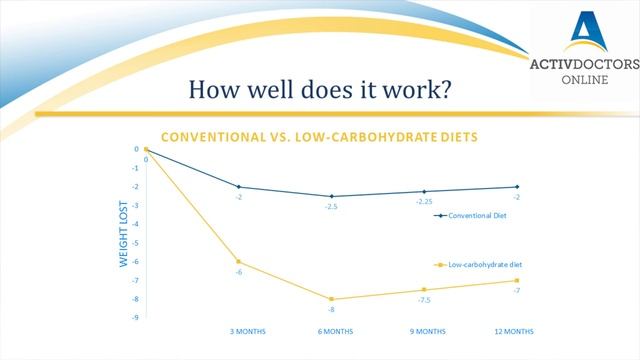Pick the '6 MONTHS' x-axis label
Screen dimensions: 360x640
pos(332,331)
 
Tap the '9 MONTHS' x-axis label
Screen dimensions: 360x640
pos(424,331)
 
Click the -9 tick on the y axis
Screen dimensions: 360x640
pos(136,318)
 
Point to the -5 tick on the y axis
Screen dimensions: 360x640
pos(136,243)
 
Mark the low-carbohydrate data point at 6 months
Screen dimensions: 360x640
pos(331,299)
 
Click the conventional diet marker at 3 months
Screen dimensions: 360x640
pos(238,187)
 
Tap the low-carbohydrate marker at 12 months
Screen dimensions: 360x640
pos(517,280)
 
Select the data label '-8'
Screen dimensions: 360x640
pos(331,311)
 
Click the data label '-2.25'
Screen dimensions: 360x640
pos(424,203)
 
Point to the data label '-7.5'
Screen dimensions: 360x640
pos(424,301)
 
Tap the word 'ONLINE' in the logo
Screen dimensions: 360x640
pos(583,78)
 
